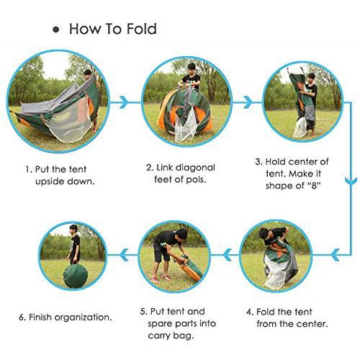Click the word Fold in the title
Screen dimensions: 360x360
[x=142, y=29]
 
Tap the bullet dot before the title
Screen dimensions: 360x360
[x=56, y=30]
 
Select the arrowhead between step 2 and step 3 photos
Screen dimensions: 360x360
[x=248, y=102]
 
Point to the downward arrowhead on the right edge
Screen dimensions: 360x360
[x=351, y=181]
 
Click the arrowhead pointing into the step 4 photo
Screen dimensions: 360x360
[x=335, y=255]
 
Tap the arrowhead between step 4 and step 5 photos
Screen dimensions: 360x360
[x=228, y=255]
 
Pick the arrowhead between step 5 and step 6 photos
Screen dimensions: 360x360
[x=124, y=255]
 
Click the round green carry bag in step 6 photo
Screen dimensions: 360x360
[x=75, y=276]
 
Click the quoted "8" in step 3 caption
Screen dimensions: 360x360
[x=314, y=185]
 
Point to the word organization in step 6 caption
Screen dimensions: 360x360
[x=82, y=318]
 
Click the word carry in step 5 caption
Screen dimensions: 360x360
[x=158, y=336]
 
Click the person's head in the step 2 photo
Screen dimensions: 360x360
[x=192, y=68]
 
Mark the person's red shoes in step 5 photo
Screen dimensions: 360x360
[x=161, y=279]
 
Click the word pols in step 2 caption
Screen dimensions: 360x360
[x=196, y=179]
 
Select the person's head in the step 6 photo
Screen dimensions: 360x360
[x=73, y=230]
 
